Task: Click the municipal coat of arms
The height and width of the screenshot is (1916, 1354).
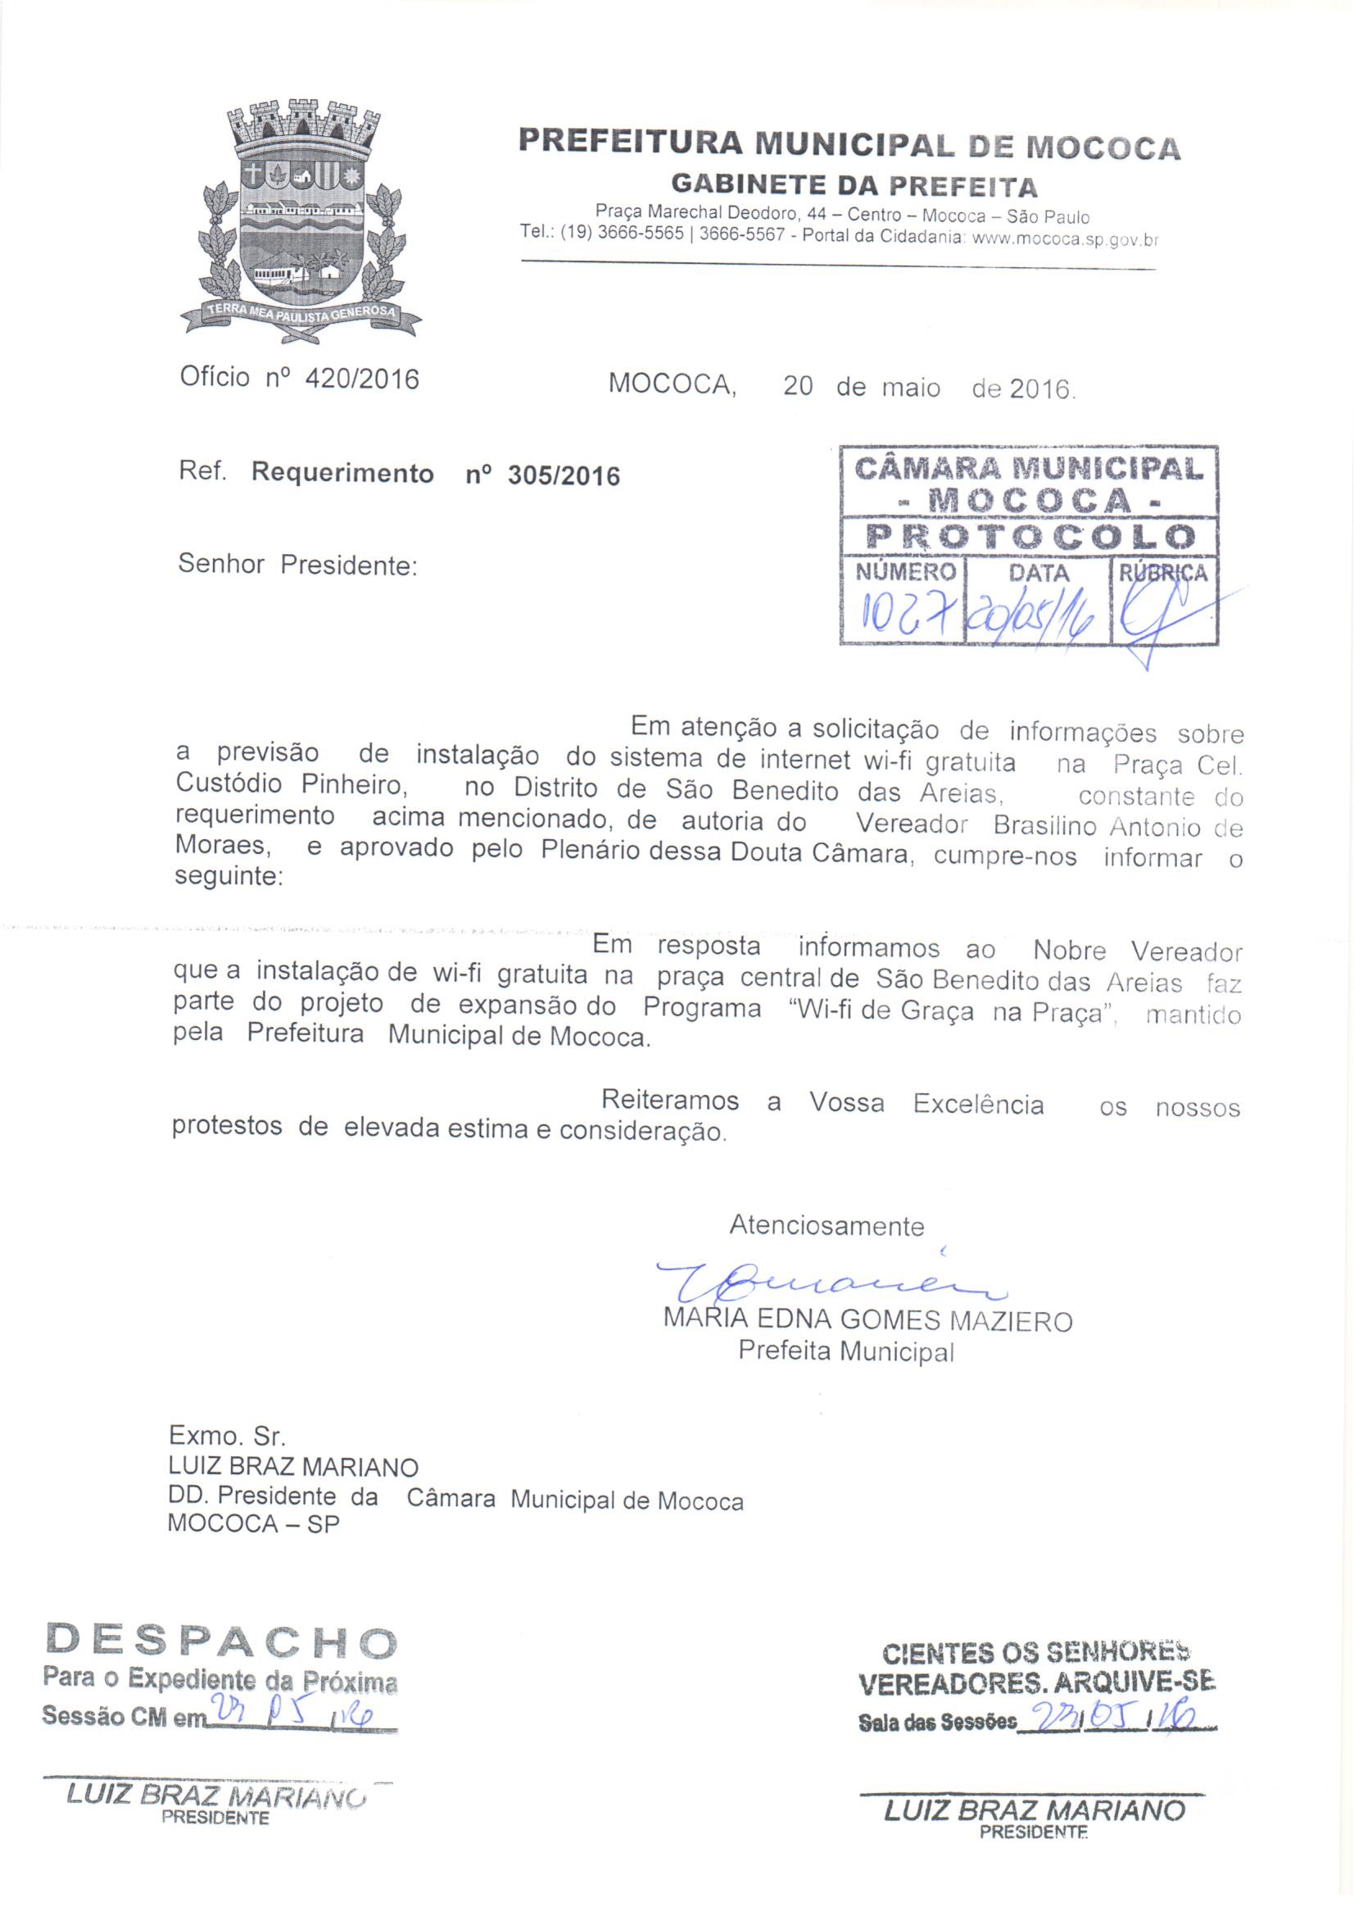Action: (x=301, y=221)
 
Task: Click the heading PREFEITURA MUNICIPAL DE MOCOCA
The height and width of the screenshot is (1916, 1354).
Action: (x=849, y=143)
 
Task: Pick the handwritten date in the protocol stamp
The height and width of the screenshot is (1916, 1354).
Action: (x=1034, y=618)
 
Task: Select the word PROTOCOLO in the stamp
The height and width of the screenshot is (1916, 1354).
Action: (x=1028, y=536)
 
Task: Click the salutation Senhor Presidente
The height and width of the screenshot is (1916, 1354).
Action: (x=297, y=565)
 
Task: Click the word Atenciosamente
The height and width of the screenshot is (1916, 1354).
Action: (x=826, y=1226)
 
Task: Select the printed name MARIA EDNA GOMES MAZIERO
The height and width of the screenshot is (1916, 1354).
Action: (x=867, y=1321)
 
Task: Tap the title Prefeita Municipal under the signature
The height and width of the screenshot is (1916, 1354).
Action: (x=846, y=1351)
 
